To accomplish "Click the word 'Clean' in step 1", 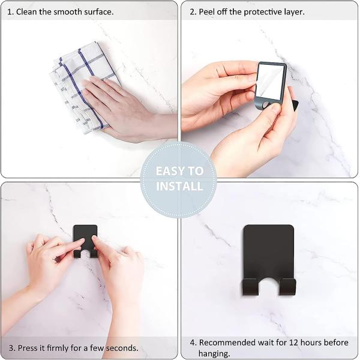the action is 26,12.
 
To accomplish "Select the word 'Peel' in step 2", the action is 206,12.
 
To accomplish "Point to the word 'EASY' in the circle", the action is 169,171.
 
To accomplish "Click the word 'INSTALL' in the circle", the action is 179,186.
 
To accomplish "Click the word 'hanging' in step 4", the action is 214,353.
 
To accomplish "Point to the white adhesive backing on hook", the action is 271,82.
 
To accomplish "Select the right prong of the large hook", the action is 287,286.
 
